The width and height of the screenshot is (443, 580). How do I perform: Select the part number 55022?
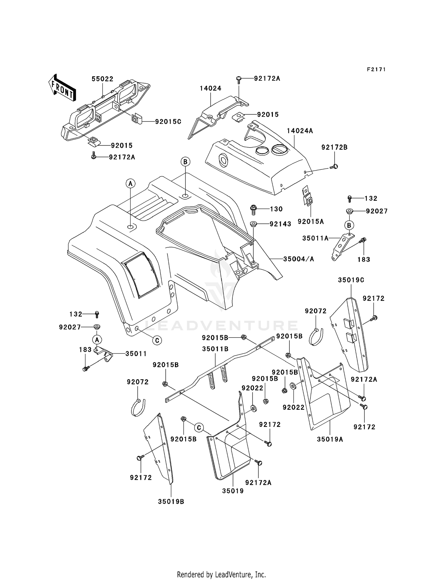pyautogui.click(x=102, y=79)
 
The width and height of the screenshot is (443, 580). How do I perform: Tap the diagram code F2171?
pyautogui.click(x=376, y=69)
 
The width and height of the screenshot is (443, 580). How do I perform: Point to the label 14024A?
pyautogui.click(x=300, y=131)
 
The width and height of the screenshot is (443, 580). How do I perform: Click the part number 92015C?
pyautogui.click(x=168, y=121)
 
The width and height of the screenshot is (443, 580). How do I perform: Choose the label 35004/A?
pyautogui.click(x=299, y=259)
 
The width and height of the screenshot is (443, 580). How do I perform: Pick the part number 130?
pyautogui.click(x=276, y=209)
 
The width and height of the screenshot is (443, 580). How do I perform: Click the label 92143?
pyautogui.click(x=280, y=224)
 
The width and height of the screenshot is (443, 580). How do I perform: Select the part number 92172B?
pyautogui.click(x=334, y=147)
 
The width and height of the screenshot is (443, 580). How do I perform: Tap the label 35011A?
pyautogui.click(x=315, y=238)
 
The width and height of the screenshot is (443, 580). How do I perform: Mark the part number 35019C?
pyautogui.click(x=351, y=280)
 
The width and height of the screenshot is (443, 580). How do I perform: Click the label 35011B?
pyautogui.click(x=215, y=349)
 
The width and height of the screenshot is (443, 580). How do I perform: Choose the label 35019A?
pyautogui.click(x=330, y=439)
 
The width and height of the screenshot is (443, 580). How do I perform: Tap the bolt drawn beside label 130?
pyautogui.click(x=253, y=209)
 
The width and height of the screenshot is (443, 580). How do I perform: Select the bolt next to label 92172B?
pyautogui.click(x=334, y=167)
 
